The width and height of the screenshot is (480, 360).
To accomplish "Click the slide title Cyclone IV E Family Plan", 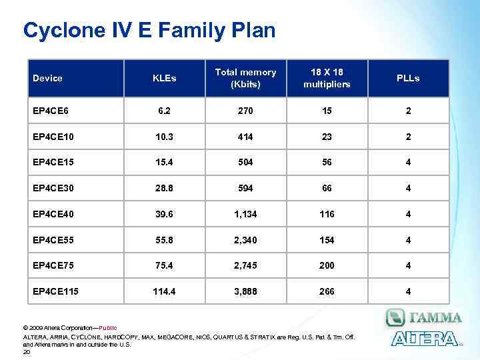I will tap(149, 30).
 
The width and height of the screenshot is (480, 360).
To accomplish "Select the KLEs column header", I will tap(164, 78).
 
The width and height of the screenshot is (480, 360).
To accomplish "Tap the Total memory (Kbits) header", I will tap(245, 78).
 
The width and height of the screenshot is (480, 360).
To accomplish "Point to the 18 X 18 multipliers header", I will tap(327, 78).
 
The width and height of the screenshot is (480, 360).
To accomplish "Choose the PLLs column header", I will tap(408, 78).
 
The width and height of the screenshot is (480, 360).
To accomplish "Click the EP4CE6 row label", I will tap(50, 110).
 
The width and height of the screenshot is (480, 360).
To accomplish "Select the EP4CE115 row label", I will tap(55, 291).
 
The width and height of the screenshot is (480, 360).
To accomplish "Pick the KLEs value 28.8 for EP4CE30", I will tap(164, 188).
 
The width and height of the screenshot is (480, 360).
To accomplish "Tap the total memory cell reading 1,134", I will tap(245, 214).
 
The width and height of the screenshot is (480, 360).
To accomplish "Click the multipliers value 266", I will tap(327, 291).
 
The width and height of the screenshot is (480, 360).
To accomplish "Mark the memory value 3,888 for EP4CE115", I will tap(245, 291).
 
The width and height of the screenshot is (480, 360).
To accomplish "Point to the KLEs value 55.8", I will tap(164, 240).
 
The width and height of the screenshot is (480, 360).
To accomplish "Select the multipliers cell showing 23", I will tap(327, 136).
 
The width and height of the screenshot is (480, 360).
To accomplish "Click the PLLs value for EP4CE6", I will tap(408, 110).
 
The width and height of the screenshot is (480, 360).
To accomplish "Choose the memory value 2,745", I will tap(245, 265).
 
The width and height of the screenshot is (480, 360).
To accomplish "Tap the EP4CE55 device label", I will tap(53, 240).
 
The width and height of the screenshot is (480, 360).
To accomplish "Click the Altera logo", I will tap(424, 339).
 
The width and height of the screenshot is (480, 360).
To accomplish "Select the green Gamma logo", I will tap(424, 317).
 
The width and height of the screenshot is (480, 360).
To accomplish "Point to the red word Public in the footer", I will tap(107, 328).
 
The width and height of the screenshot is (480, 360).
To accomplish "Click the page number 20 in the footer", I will tap(27, 352).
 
